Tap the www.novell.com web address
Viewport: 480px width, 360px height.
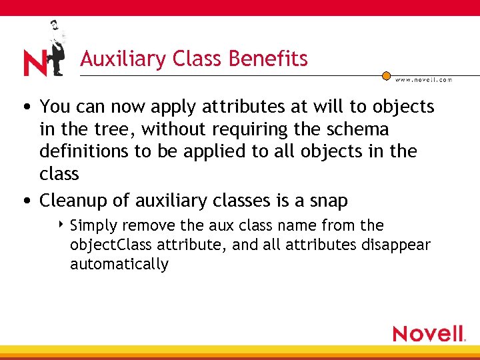pyautogui.click(x=424, y=79)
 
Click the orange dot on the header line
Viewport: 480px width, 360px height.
pyautogui.click(x=386, y=75)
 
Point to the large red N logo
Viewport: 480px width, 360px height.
pyautogui.click(x=35, y=63)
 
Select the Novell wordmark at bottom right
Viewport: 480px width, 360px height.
pyautogui.click(x=428, y=333)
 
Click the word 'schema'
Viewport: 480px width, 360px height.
pyautogui.click(x=358, y=129)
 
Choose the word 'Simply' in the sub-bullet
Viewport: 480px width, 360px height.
pyautogui.click(x=92, y=225)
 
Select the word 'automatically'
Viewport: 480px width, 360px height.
pyautogui.click(x=119, y=264)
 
